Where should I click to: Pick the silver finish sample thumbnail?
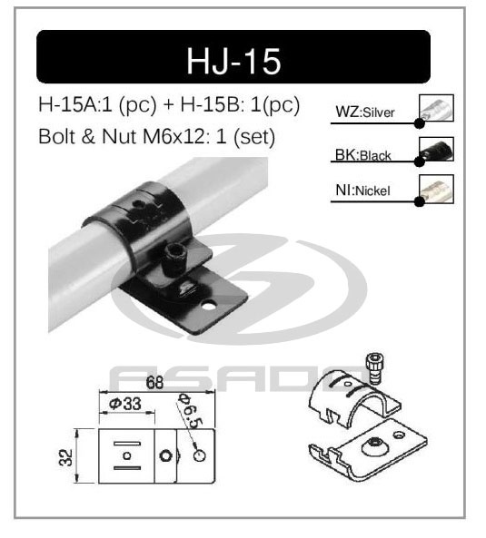[437, 109]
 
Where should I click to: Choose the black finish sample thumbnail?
[437, 149]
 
